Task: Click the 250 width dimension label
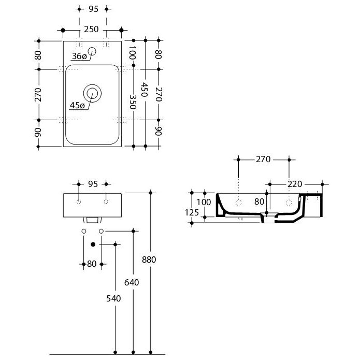91,30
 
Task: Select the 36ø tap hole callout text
79,56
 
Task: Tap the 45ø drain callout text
77,105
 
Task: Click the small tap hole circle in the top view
92,51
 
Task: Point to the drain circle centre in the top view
92,93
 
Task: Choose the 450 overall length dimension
145,90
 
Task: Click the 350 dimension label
133,102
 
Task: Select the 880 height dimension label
149,260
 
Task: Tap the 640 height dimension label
132,282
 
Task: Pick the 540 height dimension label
113,298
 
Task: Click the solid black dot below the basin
93,244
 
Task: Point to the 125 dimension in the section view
192,212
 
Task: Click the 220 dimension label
295,184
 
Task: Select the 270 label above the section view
263,160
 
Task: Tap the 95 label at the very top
93,9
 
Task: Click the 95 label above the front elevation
93,184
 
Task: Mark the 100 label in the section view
204,202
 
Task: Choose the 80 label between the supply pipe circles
92,264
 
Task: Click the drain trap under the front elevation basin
92,220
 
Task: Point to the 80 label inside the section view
259,202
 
